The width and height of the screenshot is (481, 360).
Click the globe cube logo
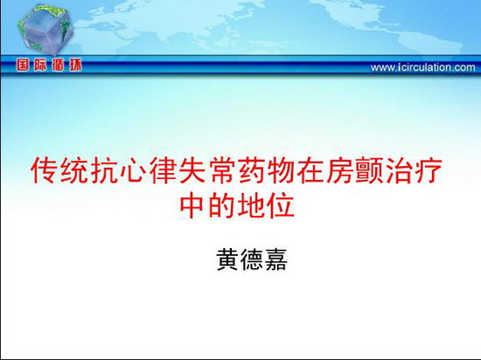coord(45,30)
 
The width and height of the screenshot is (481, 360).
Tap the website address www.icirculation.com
coord(423,67)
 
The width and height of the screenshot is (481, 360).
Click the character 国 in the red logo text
coord(23,66)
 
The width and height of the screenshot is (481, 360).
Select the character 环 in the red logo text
coord(75,66)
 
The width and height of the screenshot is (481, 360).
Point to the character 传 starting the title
coord(45,170)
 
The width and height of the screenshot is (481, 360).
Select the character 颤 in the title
coord(370,170)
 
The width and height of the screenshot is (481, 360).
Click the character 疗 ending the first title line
coord(429,170)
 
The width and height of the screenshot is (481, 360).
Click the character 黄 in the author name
coord(227,260)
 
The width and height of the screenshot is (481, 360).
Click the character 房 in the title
coord(340,170)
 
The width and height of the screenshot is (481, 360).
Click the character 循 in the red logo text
coord(58,66)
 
